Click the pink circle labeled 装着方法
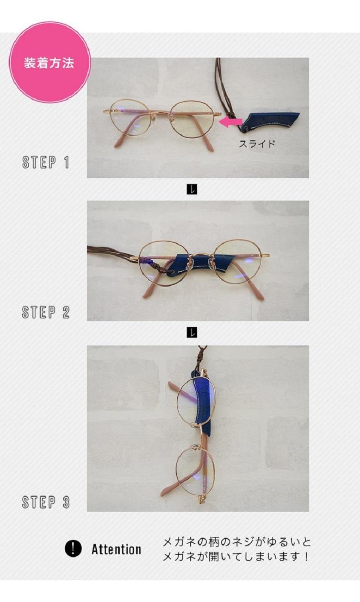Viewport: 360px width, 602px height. click(x=50, y=62)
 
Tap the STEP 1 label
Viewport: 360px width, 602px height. click(x=46, y=163)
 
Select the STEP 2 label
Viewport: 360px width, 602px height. click(x=46, y=312)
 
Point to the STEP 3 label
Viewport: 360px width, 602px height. click(x=46, y=502)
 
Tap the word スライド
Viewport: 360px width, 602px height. click(x=257, y=144)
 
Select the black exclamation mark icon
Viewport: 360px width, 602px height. click(x=73, y=548)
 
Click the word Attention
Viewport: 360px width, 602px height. click(x=116, y=549)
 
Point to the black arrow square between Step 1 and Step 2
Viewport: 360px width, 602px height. click(x=192, y=189)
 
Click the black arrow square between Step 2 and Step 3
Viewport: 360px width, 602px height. click(x=192, y=332)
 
